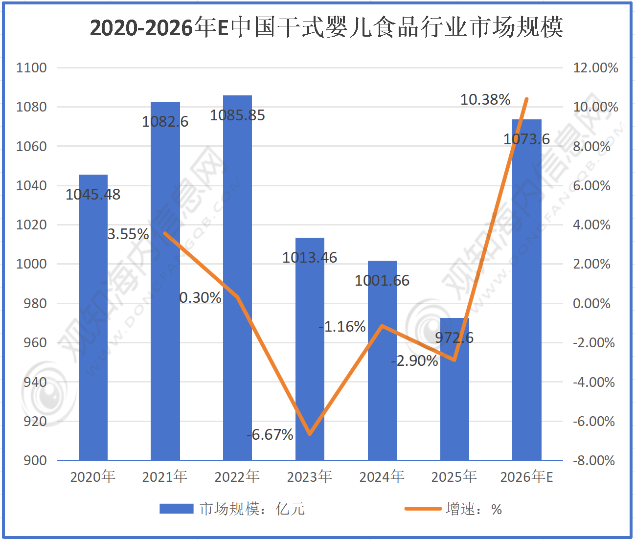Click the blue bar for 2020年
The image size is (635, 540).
coord(93,318)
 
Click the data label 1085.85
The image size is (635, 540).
coord(237,115)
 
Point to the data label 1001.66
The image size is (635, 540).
coord(382,281)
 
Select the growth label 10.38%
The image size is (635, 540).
coord(485,100)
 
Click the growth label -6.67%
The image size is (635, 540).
coord(270,434)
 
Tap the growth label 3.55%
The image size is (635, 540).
coord(128,234)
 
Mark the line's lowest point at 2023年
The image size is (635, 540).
coord(310,434)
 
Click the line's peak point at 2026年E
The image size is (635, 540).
coord(526,99)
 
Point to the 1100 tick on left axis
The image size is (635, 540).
coord(31,67)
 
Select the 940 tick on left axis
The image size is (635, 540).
coord(35,382)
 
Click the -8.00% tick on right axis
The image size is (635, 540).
coord(593,460)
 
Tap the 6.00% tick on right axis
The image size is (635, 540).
coord(591,185)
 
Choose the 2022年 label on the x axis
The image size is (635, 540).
coord(237,476)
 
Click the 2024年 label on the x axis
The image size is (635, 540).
coord(382,476)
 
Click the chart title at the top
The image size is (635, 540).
coord(326,27)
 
